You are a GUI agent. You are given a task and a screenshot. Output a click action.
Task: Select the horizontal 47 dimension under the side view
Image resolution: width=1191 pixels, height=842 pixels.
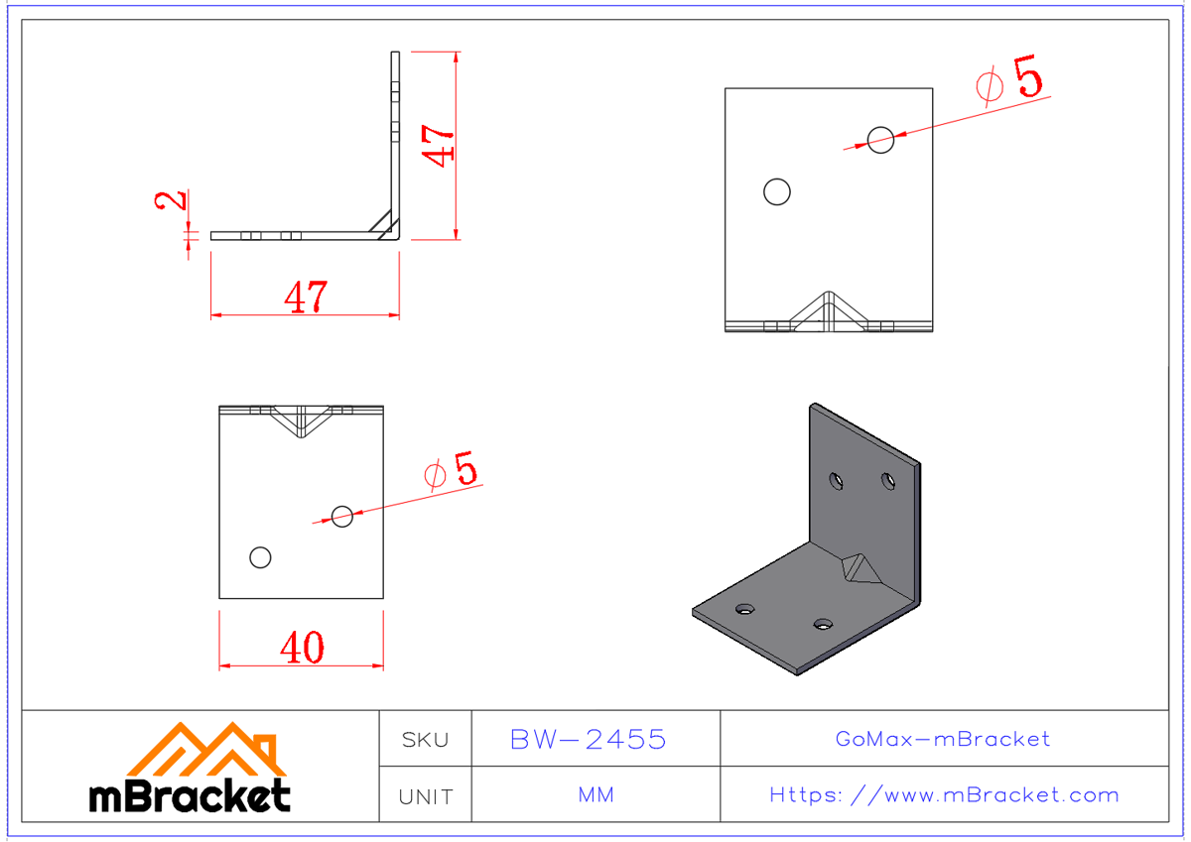[x=305, y=297]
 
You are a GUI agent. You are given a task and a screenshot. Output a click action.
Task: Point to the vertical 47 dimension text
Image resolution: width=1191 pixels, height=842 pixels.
[x=438, y=145]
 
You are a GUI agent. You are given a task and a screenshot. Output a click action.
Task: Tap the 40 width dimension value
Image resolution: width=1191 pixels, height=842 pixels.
[x=301, y=648]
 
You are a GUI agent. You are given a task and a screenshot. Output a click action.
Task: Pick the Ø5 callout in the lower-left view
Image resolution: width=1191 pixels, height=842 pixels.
[x=451, y=470]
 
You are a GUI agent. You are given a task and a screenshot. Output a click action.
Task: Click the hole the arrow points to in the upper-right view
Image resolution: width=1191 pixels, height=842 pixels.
[x=880, y=140]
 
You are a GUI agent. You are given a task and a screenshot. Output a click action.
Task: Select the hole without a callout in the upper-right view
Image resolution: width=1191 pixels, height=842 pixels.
[x=777, y=191]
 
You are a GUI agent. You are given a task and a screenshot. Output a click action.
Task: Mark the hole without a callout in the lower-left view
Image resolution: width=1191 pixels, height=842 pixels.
[x=260, y=557]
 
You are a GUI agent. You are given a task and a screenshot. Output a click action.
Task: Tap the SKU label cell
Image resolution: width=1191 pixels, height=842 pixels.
[x=425, y=740]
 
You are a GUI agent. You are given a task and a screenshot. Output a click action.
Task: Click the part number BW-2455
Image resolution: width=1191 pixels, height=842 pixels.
[x=588, y=740]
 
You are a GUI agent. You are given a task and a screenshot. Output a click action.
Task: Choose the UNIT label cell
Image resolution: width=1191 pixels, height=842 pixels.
[x=425, y=796]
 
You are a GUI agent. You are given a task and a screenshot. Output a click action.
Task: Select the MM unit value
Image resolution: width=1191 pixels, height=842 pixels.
[x=595, y=795]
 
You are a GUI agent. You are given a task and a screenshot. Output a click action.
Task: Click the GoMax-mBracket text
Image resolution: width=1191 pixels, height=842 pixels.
[x=943, y=739]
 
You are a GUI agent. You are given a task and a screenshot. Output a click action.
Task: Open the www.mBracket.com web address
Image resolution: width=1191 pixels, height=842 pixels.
[x=944, y=795]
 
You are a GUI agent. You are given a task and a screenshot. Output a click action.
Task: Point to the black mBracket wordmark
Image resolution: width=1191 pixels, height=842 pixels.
[x=191, y=795]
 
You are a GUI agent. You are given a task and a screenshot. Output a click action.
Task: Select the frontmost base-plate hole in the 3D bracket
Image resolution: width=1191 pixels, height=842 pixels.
[x=823, y=624]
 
